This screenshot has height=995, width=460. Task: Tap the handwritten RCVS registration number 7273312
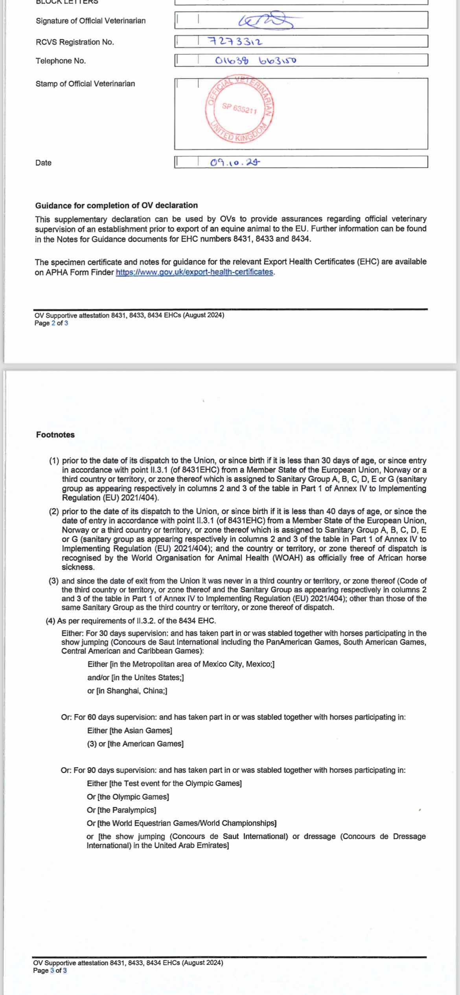pyautogui.click(x=235, y=41)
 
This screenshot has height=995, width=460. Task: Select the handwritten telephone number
pyautogui.click(x=256, y=61)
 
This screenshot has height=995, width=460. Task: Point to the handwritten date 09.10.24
pyautogui.click(x=235, y=162)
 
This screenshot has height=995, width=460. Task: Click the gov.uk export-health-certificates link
pyautogui.click(x=194, y=272)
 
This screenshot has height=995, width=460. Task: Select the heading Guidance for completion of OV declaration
pyautogui.click(x=116, y=205)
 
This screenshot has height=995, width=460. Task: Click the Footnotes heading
pyautogui.click(x=55, y=435)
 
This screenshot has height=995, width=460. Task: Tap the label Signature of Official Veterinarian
pyautogui.click(x=90, y=21)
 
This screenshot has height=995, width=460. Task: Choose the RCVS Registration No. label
pyautogui.click(x=75, y=42)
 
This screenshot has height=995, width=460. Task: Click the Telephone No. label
pyautogui.click(x=61, y=61)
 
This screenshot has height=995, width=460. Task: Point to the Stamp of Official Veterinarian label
pyautogui.click(x=85, y=84)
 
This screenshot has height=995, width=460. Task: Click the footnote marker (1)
pyautogui.click(x=54, y=461)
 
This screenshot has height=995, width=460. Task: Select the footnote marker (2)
pyautogui.click(x=54, y=511)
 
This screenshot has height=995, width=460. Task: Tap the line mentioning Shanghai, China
pyautogui.click(x=127, y=690)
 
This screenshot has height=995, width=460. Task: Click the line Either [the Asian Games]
pyautogui.click(x=130, y=730)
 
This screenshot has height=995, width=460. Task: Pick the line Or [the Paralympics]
pyautogui.click(x=121, y=810)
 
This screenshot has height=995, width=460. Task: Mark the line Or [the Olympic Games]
pyautogui.click(x=128, y=797)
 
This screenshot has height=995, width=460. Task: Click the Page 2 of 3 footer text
pyautogui.click(x=51, y=323)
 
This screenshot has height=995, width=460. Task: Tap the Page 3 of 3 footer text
pyautogui.click(x=50, y=970)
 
